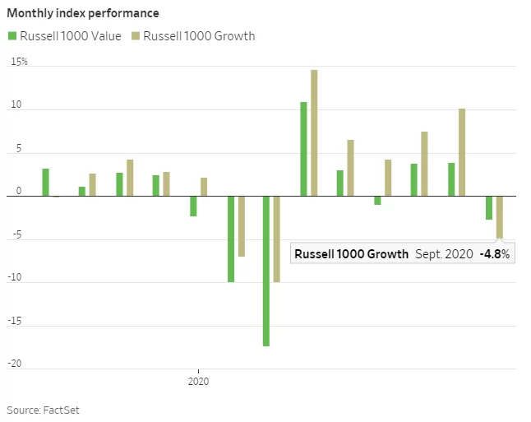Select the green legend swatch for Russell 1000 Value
coord(12,35)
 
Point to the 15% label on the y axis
coord(19,62)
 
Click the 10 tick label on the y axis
coord(16,107)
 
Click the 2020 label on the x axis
coord(198,382)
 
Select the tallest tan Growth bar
coord(314,132)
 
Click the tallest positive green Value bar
coord(303,149)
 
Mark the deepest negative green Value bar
coord(266,271)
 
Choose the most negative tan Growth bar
coord(277,239)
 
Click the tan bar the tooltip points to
coord(499,216)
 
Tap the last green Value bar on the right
coord(488,207)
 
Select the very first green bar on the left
coord(45,182)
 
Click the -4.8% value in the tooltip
coord(495,254)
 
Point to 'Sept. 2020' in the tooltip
coord(444,254)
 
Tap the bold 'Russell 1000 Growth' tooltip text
coord(351,254)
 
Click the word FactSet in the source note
coord(62,409)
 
